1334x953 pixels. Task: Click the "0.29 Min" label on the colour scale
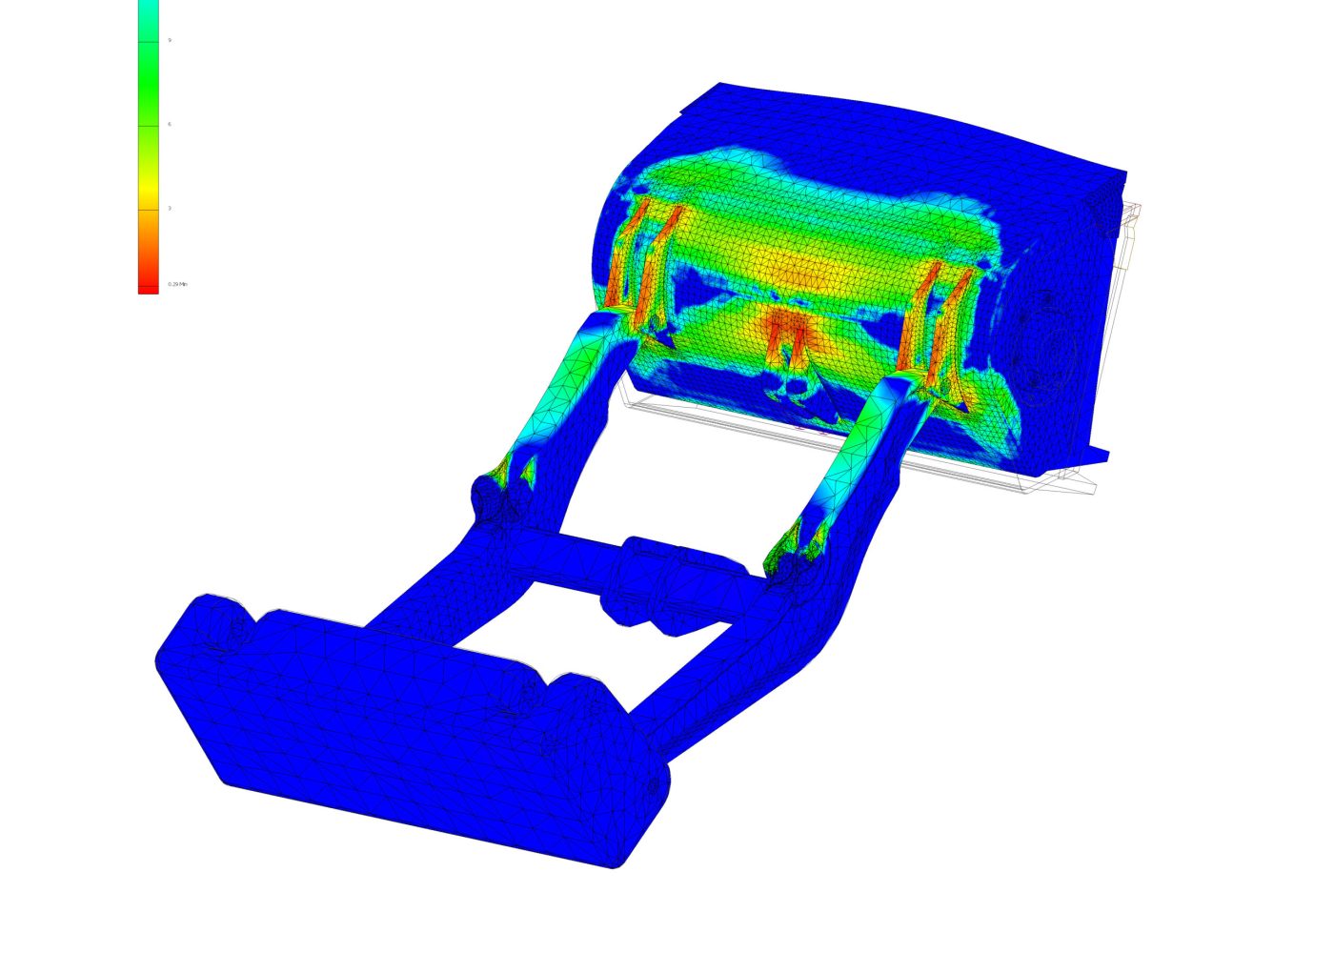tap(177, 284)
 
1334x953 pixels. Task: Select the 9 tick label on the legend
tap(170, 40)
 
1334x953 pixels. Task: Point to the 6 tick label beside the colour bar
tap(170, 124)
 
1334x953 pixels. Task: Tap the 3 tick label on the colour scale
tap(170, 208)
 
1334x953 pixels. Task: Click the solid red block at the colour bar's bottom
tap(148, 289)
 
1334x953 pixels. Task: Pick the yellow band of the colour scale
tap(148, 200)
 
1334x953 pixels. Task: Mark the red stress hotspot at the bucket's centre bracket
tap(787, 330)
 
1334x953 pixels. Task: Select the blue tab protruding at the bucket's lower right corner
tap(1096, 456)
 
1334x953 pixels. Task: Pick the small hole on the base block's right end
tap(652, 787)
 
